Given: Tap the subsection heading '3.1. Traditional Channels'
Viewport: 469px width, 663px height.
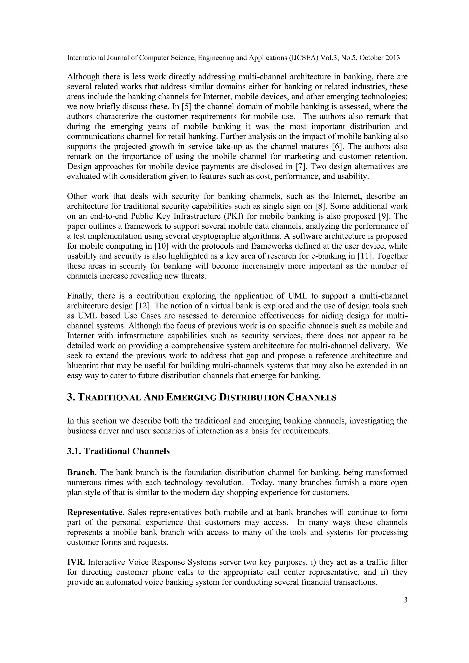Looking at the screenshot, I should pyautogui.click(x=118, y=451).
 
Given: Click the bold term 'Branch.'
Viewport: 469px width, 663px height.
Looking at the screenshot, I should pyautogui.click(x=82, y=473).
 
